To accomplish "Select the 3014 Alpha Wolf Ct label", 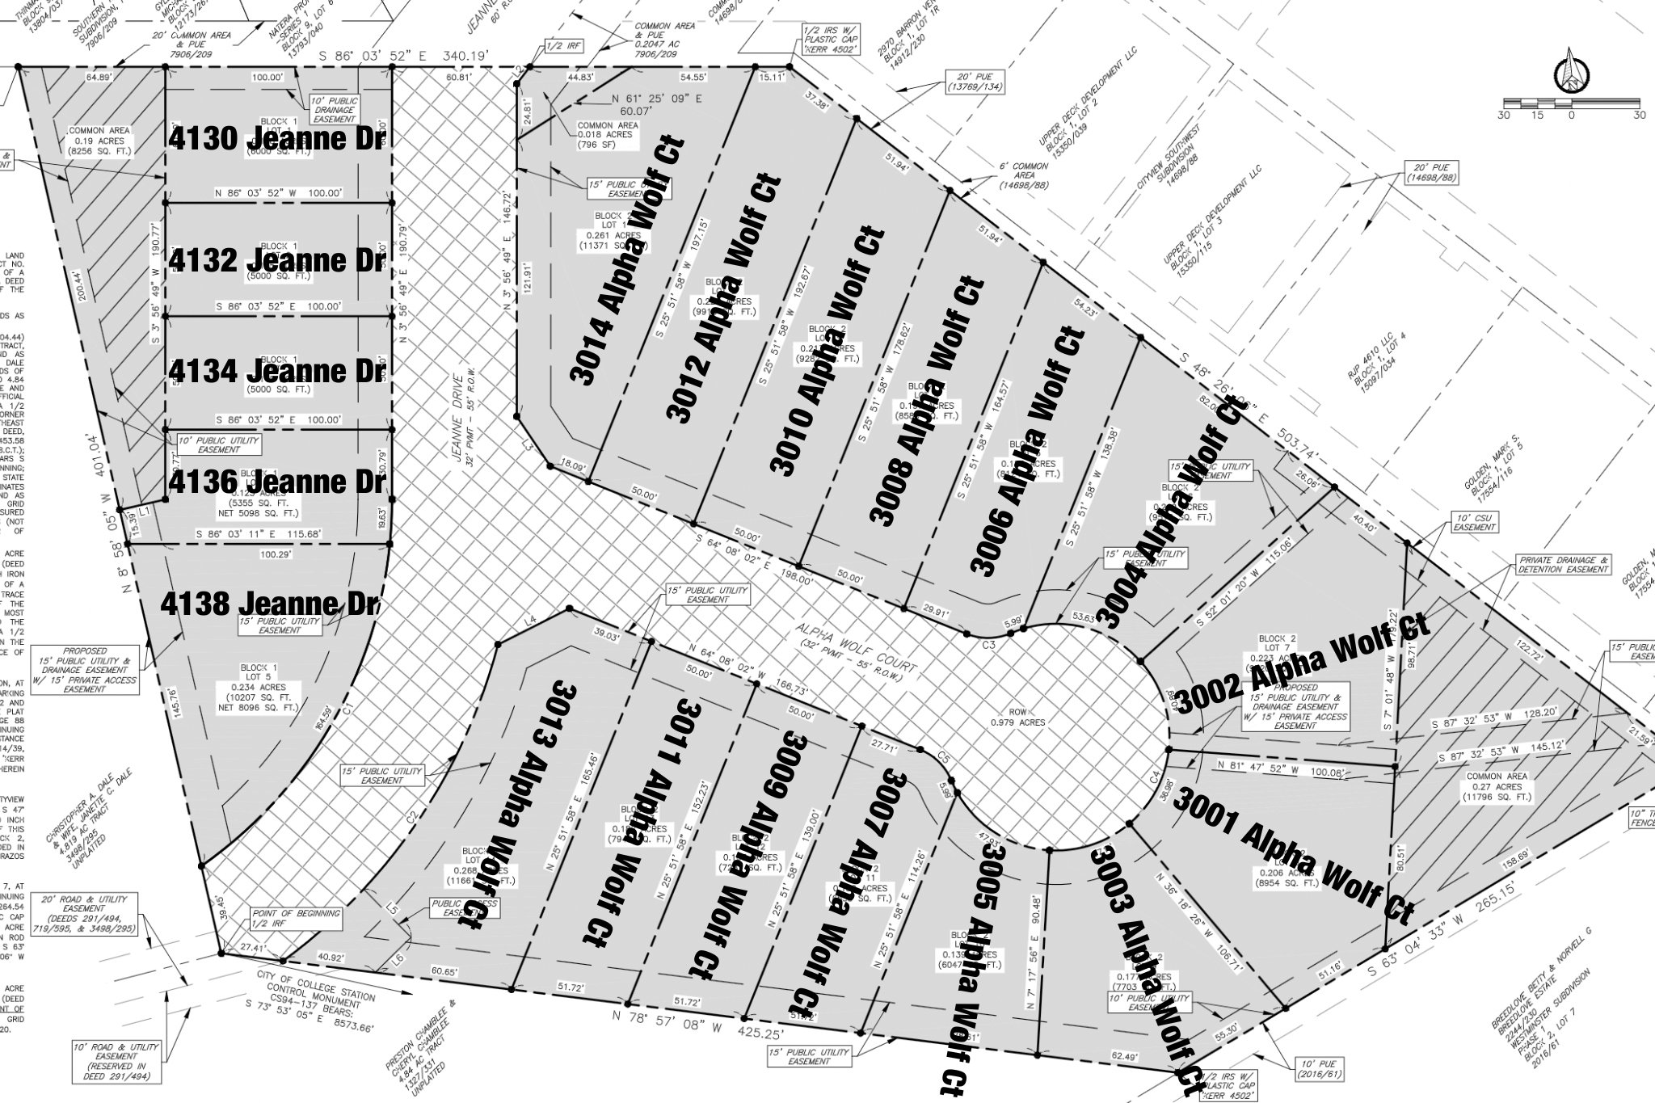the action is click(x=628, y=260).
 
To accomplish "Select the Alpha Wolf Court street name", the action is click(x=857, y=652).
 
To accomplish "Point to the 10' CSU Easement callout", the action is click(x=1476, y=522).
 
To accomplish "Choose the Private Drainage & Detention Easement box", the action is click(x=1564, y=564).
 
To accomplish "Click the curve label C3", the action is click(x=988, y=644).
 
